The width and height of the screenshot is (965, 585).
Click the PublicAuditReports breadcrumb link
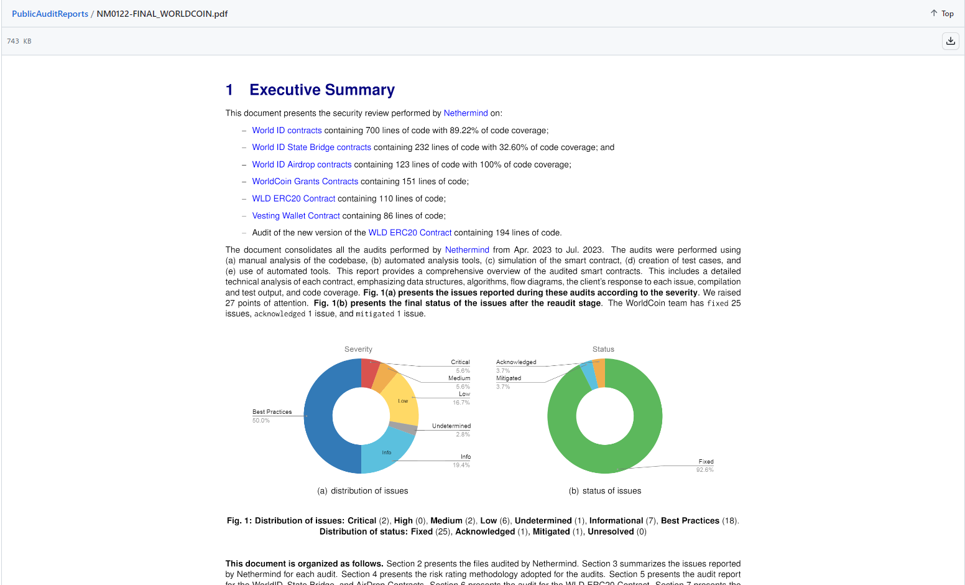point(50,14)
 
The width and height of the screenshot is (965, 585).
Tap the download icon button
point(950,41)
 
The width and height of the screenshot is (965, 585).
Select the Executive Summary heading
point(321,90)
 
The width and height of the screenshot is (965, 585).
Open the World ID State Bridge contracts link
point(311,147)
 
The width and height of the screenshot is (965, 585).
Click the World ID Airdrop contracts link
point(302,164)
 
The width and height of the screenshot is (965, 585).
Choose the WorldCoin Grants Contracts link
point(305,182)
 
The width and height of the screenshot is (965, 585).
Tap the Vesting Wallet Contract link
point(296,216)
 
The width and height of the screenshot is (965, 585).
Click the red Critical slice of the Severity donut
point(369,373)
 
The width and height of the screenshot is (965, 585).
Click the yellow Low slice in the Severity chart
point(400,401)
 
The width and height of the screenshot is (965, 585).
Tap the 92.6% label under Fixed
point(704,470)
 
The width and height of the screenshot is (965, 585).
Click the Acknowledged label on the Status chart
point(516,362)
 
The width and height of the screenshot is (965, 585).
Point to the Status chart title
point(603,349)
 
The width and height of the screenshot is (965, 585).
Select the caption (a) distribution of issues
point(362,491)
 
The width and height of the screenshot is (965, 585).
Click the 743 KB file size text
point(19,41)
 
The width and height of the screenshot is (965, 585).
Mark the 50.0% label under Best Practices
point(261,421)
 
